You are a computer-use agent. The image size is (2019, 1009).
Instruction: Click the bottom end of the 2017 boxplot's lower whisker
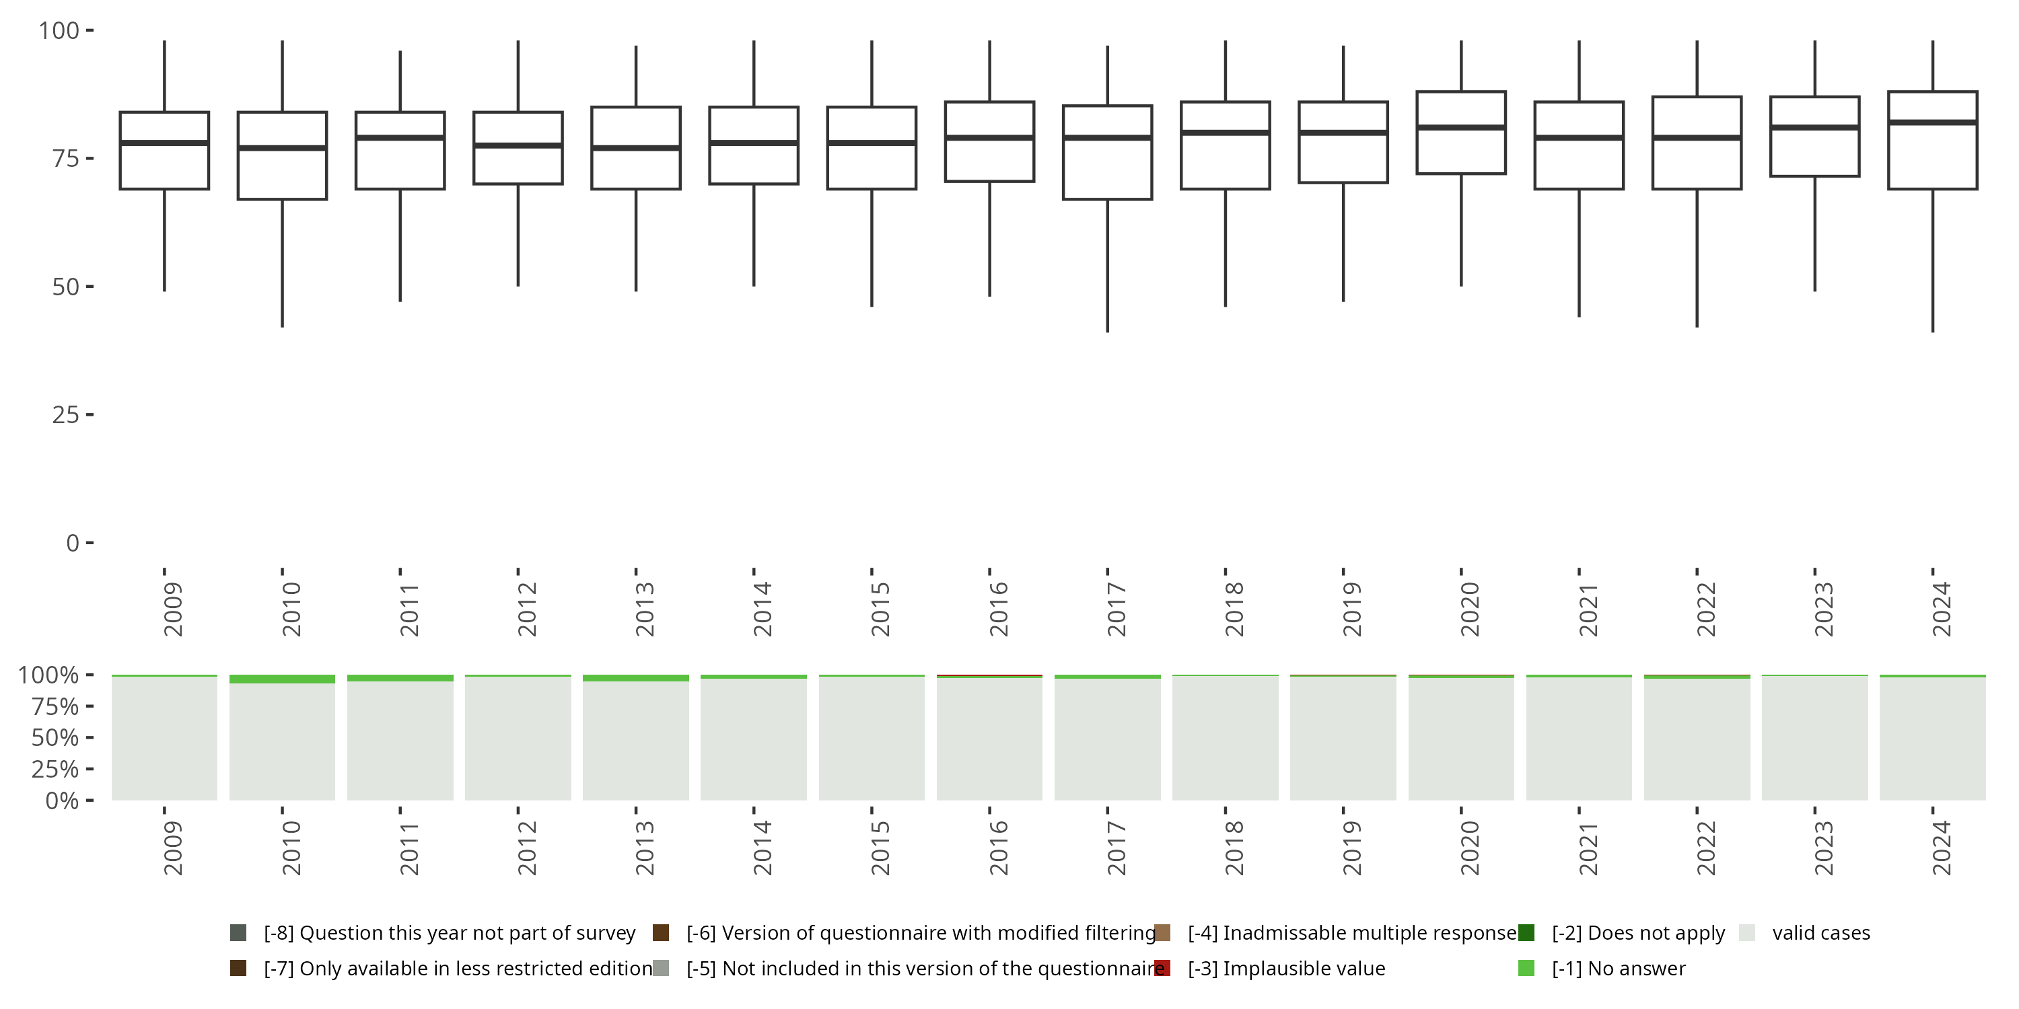[1108, 332]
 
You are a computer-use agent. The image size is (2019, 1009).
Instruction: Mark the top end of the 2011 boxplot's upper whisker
[400, 51]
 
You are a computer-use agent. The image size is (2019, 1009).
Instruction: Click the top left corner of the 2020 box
[1417, 91]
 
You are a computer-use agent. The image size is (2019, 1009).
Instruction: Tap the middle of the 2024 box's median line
[1933, 122]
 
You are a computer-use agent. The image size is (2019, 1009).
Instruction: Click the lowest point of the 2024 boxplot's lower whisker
[1933, 332]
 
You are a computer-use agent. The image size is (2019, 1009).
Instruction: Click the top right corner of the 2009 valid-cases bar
[217, 677]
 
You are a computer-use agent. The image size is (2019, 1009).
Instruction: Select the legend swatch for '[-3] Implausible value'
[1162, 968]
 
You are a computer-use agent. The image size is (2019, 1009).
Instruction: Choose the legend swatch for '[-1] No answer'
[1526, 968]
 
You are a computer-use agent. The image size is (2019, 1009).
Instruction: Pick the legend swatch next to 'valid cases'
[1747, 933]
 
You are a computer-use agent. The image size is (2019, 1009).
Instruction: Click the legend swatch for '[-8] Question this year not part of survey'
[238, 933]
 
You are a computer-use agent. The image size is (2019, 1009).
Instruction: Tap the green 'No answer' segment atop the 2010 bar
[282, 679]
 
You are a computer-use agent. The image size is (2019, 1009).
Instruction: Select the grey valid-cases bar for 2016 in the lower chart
[989, 739]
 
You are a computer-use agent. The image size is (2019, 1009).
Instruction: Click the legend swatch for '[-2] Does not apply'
[1526, 933]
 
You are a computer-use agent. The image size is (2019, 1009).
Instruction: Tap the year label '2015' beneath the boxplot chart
[880, 609]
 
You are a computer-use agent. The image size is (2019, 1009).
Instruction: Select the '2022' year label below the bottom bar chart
[1705, 848]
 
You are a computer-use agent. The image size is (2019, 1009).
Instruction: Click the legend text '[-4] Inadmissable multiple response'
[1352, 933]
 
